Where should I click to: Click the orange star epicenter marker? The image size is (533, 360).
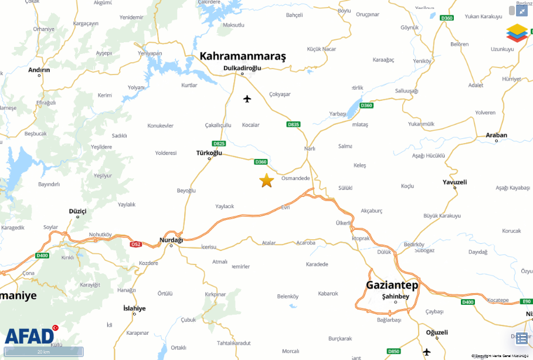(266, 181)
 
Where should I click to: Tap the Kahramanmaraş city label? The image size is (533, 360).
(242, 56)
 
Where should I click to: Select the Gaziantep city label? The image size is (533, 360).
(392, 286)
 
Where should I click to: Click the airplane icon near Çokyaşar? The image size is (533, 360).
(247, 99)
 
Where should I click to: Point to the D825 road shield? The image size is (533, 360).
(219, 144)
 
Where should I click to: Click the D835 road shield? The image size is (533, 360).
(293, 124)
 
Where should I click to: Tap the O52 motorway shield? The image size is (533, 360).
(136, 244)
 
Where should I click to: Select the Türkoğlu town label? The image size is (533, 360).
(209, 152)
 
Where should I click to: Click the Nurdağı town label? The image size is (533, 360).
(171, 240)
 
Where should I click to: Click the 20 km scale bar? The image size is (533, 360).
(43, 352)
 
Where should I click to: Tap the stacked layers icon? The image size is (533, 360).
(517, 33)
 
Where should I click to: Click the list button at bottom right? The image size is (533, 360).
(521, 338)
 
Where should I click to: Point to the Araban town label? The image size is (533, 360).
(496, 135)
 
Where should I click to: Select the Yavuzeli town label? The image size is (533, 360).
(454, 182)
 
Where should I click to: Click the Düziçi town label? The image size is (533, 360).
(77, 210)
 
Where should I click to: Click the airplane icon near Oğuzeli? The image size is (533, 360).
(426, 352)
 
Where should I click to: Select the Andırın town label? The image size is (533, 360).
(39, 70)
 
